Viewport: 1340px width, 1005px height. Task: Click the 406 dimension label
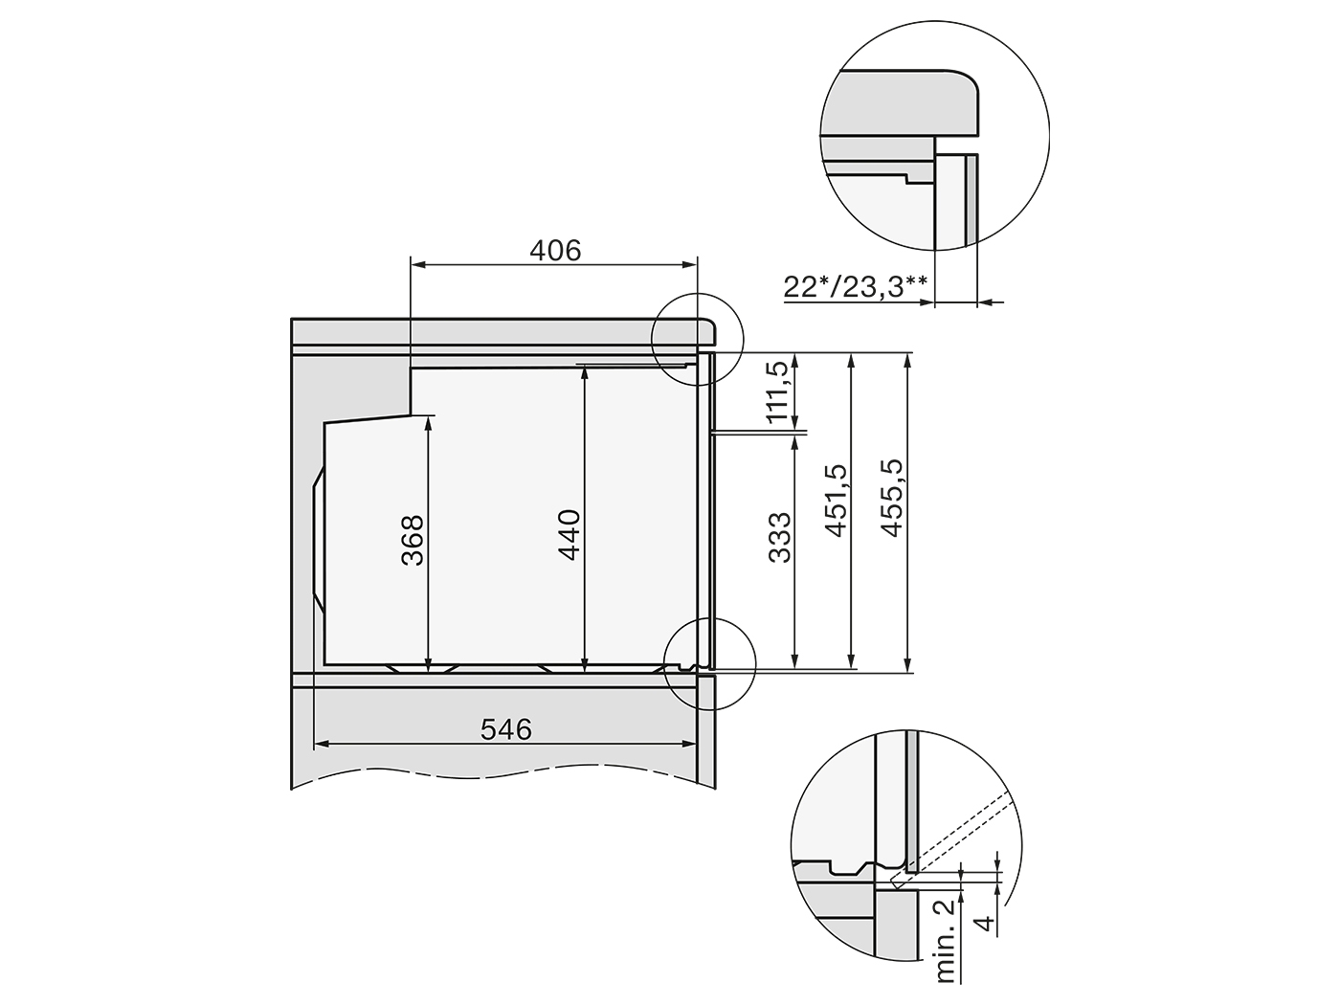coord(555,250)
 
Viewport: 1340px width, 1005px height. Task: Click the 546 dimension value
coord(506,728)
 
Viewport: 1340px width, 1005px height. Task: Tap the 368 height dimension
coord(413,540)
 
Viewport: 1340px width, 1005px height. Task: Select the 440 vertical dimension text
coord(569,535)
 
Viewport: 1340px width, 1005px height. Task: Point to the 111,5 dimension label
coord(776,391)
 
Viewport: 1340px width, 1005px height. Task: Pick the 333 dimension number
coord(779,537)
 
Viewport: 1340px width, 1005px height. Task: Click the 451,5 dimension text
coord(836,501)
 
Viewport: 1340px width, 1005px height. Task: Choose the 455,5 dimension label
coord(892,498)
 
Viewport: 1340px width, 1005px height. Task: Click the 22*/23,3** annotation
coord(856,285)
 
